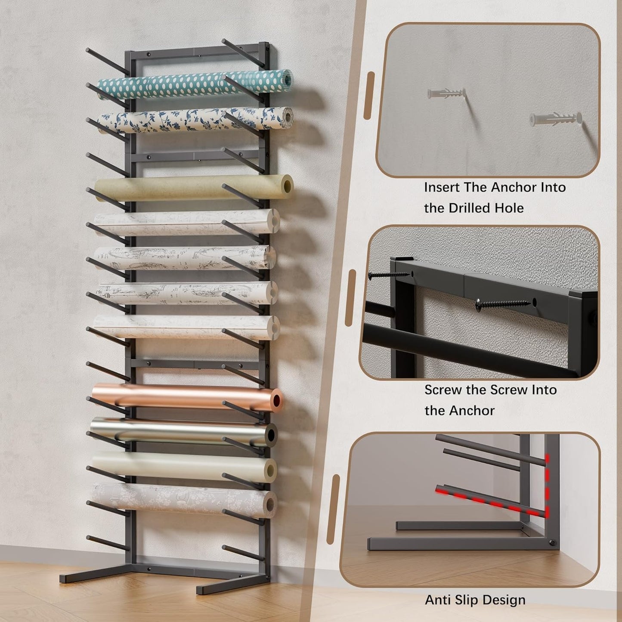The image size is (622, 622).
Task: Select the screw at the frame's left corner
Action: [383, 274]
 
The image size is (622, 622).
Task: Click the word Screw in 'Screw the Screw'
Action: [444, 390]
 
